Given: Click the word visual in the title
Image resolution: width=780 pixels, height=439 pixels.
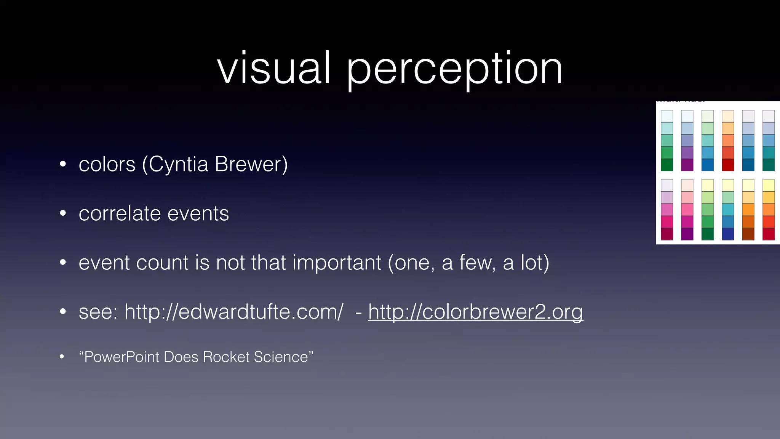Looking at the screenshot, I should pyautogui.click(x=273, y=69).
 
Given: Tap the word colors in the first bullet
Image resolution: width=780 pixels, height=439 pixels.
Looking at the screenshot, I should pyautogui.click(x=107, y=165).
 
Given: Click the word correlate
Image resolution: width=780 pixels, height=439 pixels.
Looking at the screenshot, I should pyautogui.click(x=120, y=213).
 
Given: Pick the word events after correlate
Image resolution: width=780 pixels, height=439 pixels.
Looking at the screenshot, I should pyautogui.click(x=198, y=213).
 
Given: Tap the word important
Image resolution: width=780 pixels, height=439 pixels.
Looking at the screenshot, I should pyautogui.click(x=337, y=263).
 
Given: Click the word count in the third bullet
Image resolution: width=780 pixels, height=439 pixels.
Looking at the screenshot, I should pyautogui.click(x=162, y=263).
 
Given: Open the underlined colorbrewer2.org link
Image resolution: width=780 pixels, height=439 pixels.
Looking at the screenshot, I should pyautogui.click(x=475, y=312).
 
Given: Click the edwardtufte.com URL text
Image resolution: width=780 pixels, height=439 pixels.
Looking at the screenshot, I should pyautogui.click(x=234, y=312).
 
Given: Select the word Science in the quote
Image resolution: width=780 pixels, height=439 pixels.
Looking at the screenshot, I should pyautogui.click(x=281, y=357).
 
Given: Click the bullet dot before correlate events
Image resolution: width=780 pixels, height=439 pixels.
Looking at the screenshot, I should pyautogui.click(x=63, y=213).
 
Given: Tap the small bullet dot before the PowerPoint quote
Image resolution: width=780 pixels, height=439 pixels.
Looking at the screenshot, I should pyautogui.click(x=62, y=357).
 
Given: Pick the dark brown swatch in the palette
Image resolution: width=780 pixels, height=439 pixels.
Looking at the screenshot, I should pyautogui.click(x=748, y=234).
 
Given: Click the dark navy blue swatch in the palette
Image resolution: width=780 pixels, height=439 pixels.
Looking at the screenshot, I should pyautogui.click(x=728, y=234).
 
